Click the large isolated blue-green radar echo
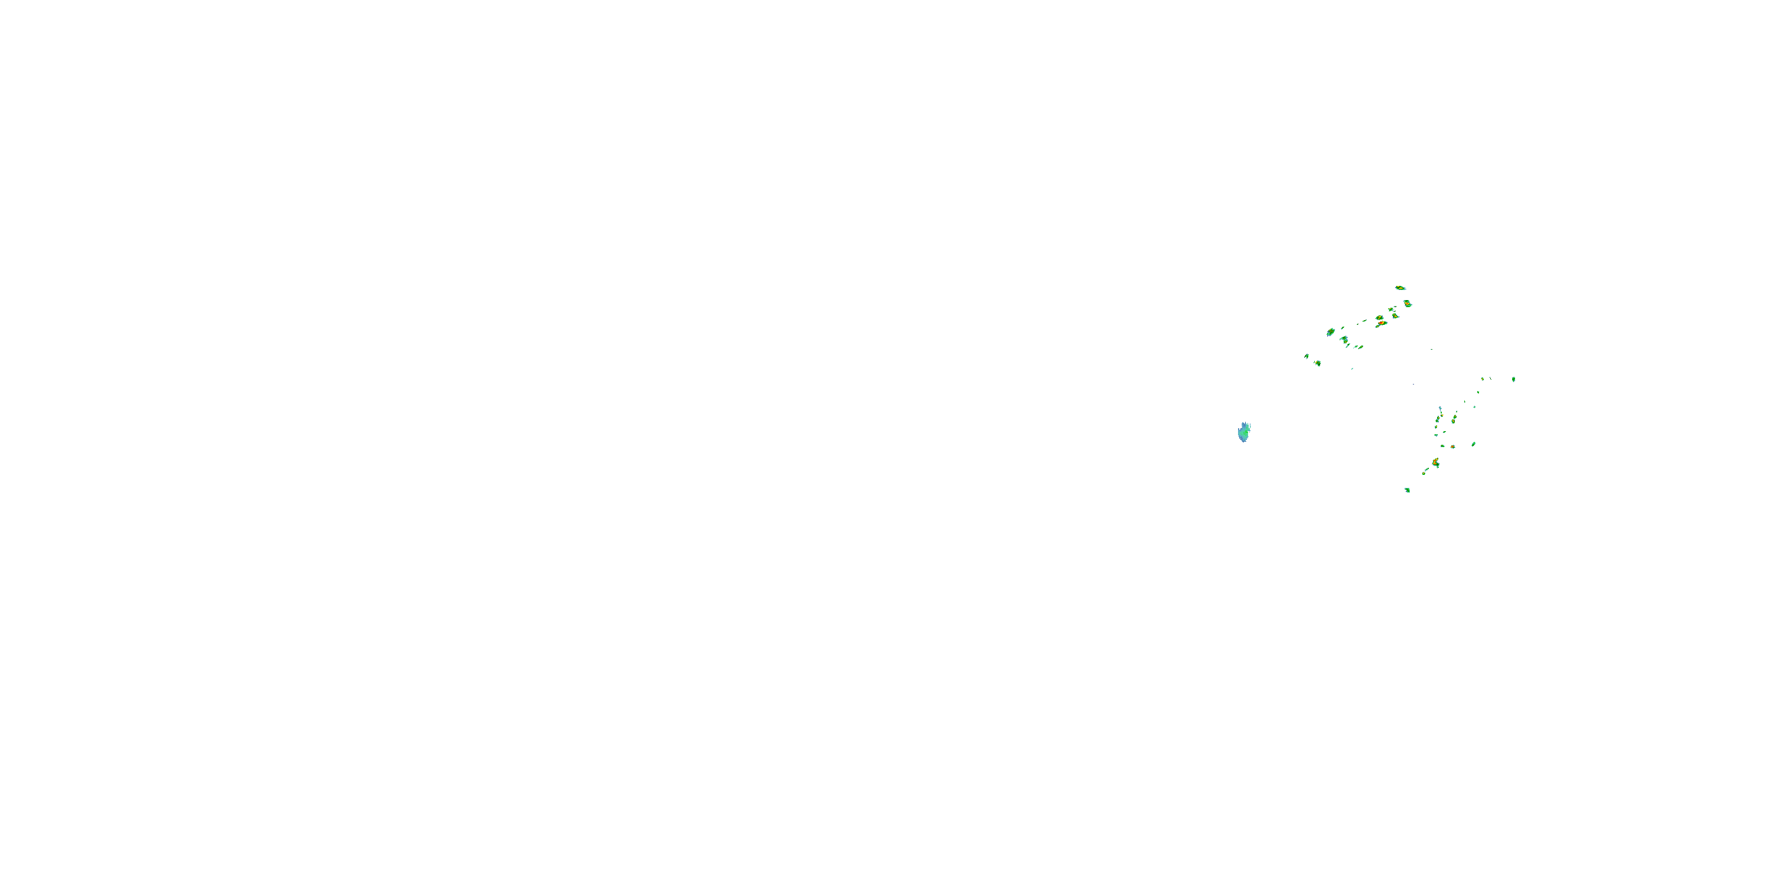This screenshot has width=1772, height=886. pos(1244,432)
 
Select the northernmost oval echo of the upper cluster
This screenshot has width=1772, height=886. pos(1400,288)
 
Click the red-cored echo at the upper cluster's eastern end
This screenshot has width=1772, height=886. pos(1408,304)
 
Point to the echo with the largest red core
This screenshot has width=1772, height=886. pos(1382,323)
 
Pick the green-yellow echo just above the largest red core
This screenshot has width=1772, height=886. pos(1379,318)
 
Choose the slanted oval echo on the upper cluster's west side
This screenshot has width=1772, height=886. pos(1330,332)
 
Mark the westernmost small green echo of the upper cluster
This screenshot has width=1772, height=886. pos(1307,356)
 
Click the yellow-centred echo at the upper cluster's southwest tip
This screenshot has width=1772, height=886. pos(1317,363)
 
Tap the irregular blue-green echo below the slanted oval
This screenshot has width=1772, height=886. pos(1344,340)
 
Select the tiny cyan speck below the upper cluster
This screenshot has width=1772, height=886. pos(1413,384)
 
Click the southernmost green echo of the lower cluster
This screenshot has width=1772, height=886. pos(1408,490)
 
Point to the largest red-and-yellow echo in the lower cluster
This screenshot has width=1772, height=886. pos(1436,463)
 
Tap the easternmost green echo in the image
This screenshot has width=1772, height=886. pos(1513,379)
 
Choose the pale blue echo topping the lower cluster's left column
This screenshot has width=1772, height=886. pos(1440,409)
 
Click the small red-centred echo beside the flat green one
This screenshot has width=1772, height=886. pos(1453,447)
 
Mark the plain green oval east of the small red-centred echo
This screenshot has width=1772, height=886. pos(1474,444)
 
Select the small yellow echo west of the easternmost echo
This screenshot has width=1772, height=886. pos(1483,379)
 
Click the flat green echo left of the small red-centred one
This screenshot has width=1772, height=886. pos(1442,447)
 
